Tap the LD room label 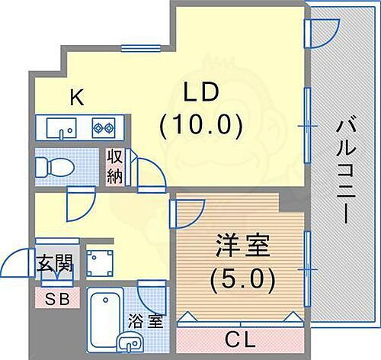tap(202, 92)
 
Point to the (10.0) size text tap(202, 122)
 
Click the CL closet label tap(242, 336)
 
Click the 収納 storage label tap(114, 166)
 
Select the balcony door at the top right tap(320, 33)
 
